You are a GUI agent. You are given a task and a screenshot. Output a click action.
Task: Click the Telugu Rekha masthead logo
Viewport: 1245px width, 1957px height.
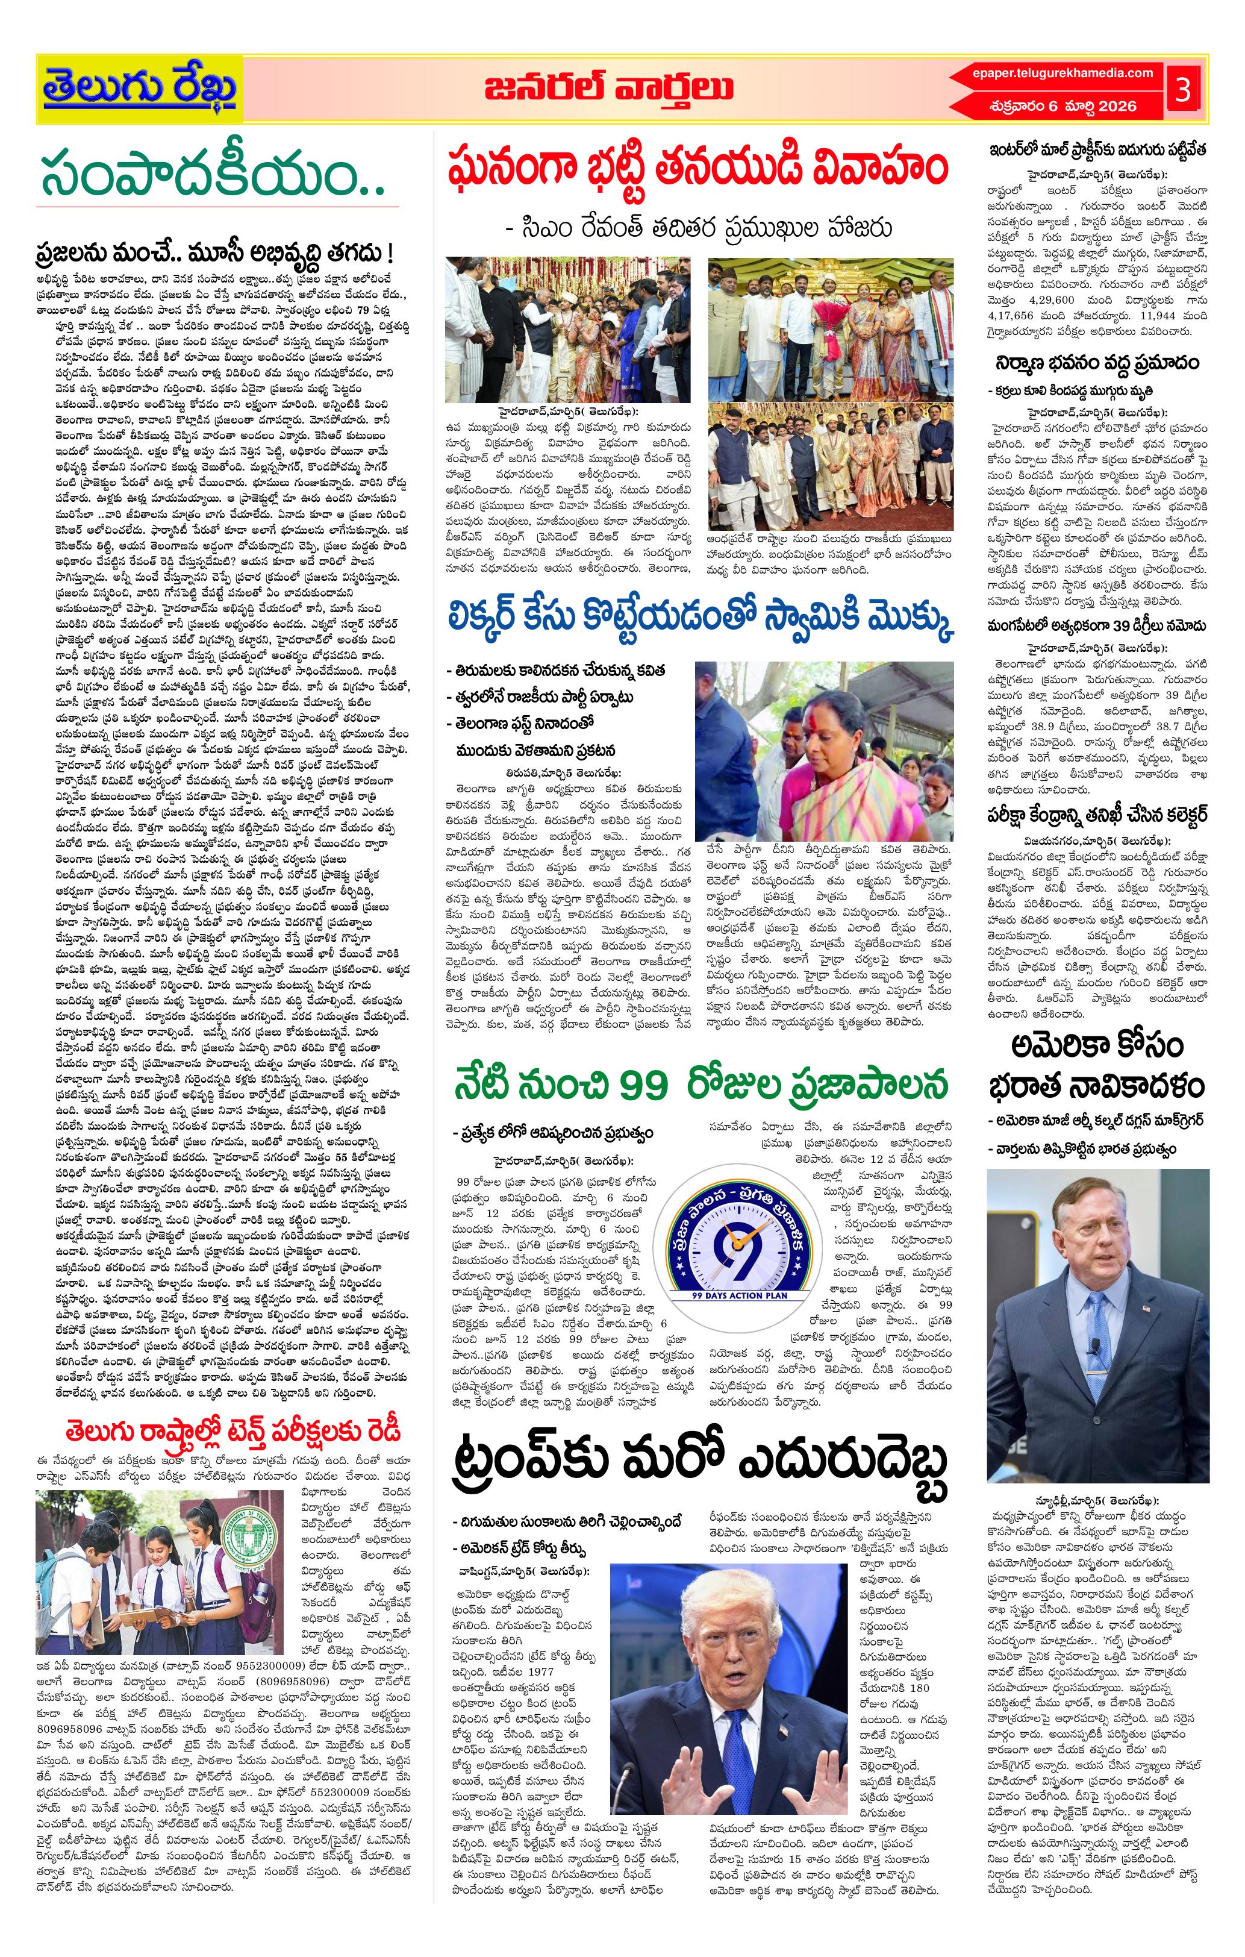tap(140, 89)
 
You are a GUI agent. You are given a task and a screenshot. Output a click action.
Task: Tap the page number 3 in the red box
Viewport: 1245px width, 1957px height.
tap(1182, 89)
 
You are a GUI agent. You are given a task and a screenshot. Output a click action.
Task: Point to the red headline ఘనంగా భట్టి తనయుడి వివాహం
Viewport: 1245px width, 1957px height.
tap(697, 168)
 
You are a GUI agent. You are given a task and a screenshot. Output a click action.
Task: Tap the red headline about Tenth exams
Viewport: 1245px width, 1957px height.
tap(234, 1430)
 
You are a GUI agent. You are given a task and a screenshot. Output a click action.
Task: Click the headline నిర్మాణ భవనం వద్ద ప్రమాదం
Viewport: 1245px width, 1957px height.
tap(1096, 363)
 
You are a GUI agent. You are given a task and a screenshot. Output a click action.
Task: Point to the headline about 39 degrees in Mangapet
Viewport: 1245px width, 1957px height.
tap(1096, 626)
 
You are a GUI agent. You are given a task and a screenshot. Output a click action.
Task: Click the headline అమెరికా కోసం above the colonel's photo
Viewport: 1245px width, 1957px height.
tap(1096, 1046)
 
